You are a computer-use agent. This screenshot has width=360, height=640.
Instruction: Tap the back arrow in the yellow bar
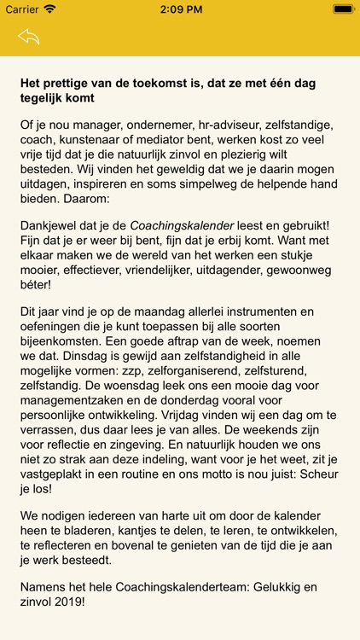28,37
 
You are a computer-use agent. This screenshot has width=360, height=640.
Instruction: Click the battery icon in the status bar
344,9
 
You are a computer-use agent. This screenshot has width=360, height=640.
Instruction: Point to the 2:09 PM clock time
179,9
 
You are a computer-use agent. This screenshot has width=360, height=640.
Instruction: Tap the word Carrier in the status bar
22,9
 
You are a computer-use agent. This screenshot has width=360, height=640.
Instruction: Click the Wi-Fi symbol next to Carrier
49,9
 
